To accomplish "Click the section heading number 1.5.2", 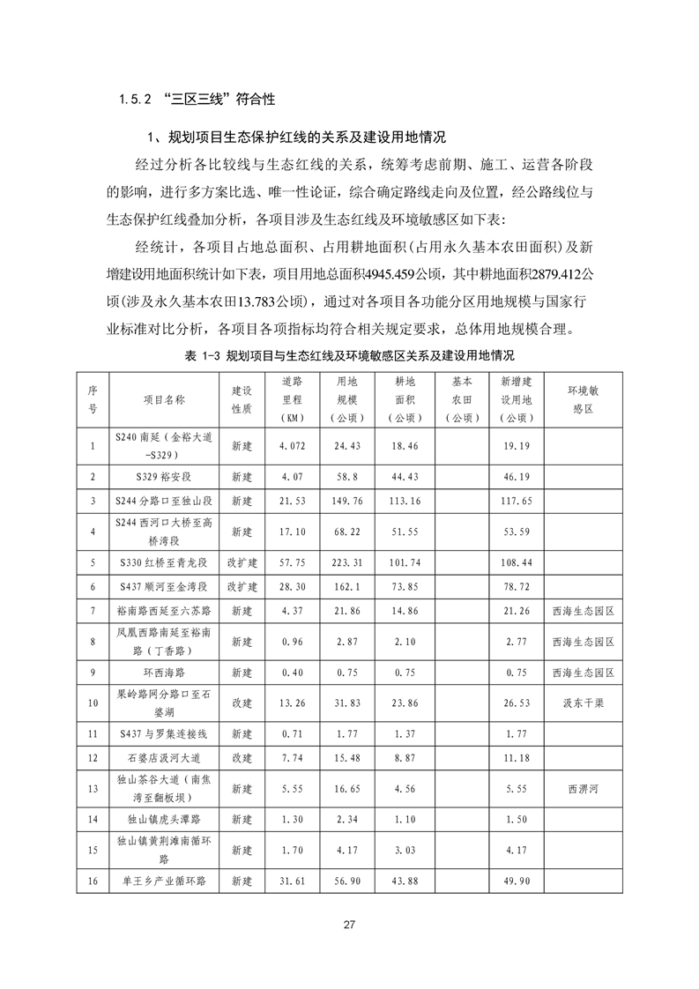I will point(134,100).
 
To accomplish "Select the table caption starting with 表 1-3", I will point(349,355).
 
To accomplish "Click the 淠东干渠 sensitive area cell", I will point(583,703).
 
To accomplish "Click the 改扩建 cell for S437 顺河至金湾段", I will point(242,585).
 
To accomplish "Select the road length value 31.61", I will point(292,881).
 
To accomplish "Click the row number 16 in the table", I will point(93,881).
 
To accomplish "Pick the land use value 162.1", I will point(347,585).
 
